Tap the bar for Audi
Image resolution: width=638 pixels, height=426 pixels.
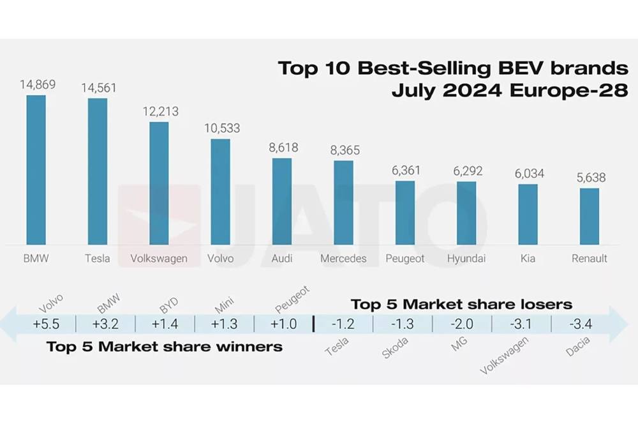282,201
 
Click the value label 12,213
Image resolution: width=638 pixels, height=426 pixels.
159,111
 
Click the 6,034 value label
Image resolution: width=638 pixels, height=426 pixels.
527,174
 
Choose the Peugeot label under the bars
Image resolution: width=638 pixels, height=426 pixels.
405,259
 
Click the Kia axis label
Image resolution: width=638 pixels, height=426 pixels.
528,259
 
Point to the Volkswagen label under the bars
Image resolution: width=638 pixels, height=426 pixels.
159,259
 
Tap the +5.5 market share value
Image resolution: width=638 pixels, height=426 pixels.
46,324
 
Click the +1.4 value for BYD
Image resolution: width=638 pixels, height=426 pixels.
165,324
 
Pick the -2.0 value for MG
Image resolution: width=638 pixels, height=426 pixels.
461,324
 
